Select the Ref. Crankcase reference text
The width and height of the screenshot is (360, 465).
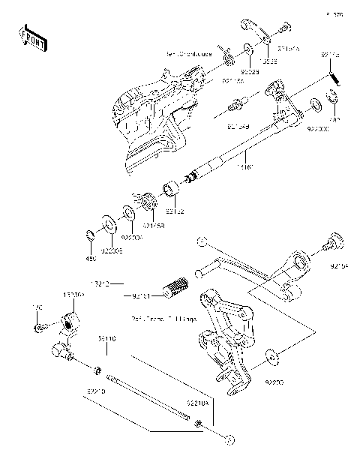tap(188, 55)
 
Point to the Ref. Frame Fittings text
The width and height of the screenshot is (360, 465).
tap(173, 319)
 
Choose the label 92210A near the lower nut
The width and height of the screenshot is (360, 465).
tap(196, 403)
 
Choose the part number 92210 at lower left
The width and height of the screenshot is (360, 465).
tap(97, 391)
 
